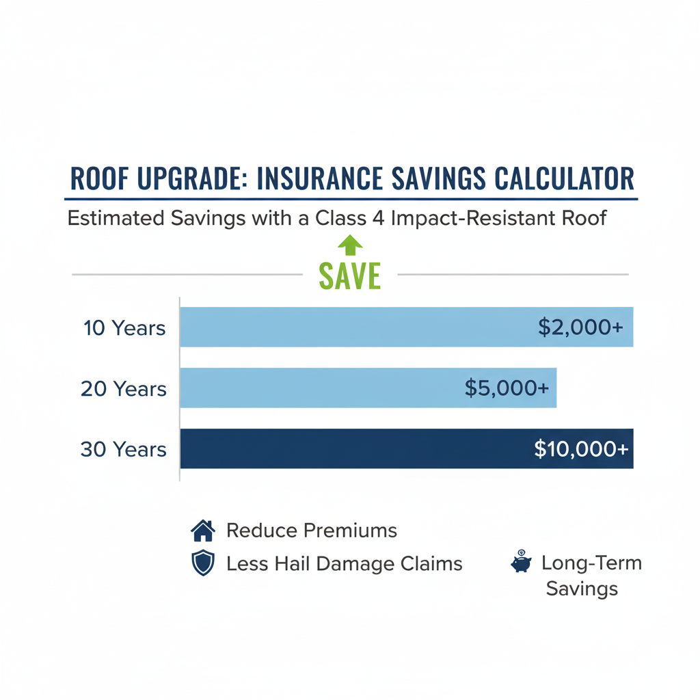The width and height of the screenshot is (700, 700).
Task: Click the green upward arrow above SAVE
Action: point(350,245)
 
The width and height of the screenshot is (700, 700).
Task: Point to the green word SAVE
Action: point(349,275)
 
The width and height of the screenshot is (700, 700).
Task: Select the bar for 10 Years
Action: point(355,327)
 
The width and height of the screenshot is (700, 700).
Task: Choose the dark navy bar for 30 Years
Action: point(355,448)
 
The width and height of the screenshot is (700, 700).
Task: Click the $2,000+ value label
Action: point(580,327)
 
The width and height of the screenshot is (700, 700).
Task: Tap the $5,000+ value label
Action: point(507,388)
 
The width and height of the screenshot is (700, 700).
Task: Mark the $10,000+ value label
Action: point(581,449)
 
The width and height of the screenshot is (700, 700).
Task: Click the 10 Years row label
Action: point(124,328)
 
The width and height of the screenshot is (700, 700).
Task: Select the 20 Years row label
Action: point(124,389)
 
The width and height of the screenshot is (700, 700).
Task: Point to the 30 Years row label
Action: point(124,450)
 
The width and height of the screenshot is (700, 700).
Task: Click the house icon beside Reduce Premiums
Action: point(202,530)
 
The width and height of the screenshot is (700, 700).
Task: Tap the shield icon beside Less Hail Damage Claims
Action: point(202,564)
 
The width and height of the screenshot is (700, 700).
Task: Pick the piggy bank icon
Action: point(521,562)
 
